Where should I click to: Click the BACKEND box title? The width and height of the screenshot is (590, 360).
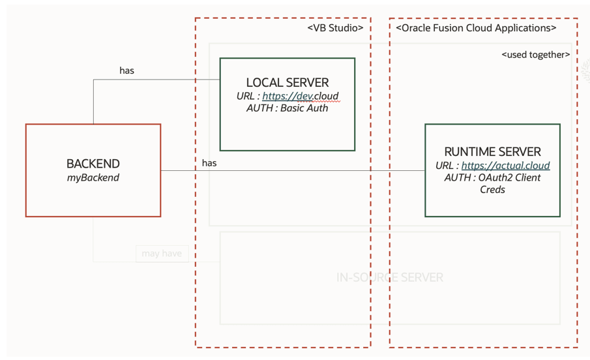[93, 164]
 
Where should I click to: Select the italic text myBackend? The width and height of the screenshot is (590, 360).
[93, 177]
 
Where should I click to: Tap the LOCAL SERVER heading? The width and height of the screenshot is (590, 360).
[287, 83]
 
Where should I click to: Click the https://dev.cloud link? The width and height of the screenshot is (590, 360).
[301, 96]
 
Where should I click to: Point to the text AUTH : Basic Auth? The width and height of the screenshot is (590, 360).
[287, 108]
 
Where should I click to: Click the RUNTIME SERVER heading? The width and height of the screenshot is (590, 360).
[492, 152]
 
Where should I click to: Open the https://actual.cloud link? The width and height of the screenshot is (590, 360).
[505, 166]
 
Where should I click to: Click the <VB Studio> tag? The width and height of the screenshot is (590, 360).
[335, 28]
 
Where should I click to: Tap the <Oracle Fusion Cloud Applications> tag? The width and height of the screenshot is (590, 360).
[476, 28]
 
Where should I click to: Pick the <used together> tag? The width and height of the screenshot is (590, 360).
[535, 55]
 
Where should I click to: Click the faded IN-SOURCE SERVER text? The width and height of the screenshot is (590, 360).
[389, 278]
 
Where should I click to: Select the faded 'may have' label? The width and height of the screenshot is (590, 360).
[162, 253]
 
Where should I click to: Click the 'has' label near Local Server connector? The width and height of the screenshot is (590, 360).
[126, 70]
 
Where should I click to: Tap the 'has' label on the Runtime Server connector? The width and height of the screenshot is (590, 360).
[209, 163]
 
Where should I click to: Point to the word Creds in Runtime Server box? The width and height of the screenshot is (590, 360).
[492, 189]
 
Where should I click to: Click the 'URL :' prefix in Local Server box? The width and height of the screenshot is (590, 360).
[248, 96]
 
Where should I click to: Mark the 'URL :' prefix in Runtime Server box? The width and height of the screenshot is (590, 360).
[447, 166]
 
